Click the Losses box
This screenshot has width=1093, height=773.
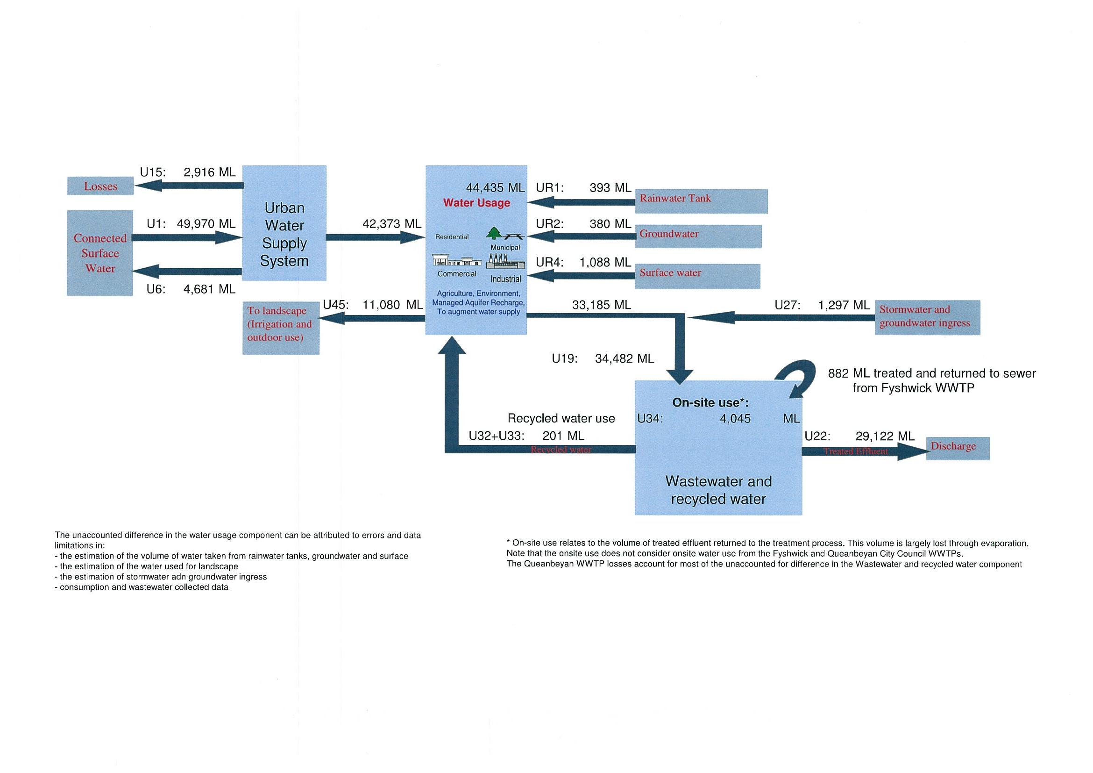[x=100, y=186]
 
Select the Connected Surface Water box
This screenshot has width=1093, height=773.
[x=100, y=253]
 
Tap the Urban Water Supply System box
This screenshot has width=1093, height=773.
[x=284, y=223]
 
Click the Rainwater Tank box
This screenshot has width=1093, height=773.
[x=701, y=201]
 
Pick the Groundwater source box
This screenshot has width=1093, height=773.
[x=698, y=236]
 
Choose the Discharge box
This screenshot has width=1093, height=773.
[x=958, y=448]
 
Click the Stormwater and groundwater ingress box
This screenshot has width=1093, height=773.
[x=927, y=317]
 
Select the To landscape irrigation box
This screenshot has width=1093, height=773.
[x=280, y=328]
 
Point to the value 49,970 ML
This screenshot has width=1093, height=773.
[x=206, y=224]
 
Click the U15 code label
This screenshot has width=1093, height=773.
[x=152, y=172]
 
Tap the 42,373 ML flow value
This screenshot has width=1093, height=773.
[x=392, y=224]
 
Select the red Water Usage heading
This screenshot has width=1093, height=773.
[x=476, y=203]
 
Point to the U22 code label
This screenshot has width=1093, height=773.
[x=817, y=436]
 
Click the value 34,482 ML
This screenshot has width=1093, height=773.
[x=624, y=358]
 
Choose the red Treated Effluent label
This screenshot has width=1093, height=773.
[x=855, y=451]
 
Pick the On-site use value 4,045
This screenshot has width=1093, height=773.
[x=735, y=419]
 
